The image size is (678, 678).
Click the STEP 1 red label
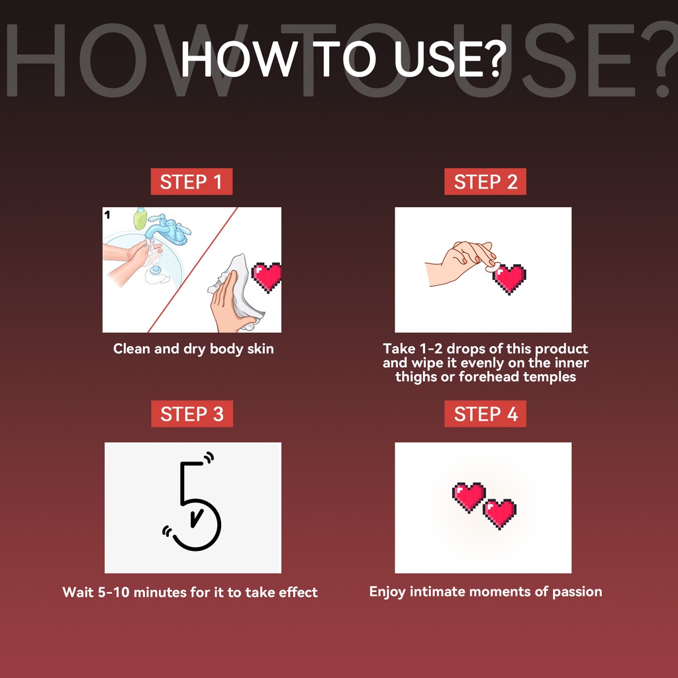tap(191, 181)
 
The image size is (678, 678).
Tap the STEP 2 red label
tap(485, 181)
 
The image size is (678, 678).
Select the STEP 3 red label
tap(192, 414)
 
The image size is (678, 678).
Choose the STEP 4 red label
tap(485, 414)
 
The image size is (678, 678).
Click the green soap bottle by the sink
tap(140, 218)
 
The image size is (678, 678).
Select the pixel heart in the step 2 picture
tap(509, 279)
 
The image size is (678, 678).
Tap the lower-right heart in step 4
tap(500, 514)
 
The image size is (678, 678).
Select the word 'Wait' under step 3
tap(78, 591)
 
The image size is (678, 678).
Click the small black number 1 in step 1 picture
tap(108, 215)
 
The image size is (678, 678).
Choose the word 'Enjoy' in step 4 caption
tap(387, 592)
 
